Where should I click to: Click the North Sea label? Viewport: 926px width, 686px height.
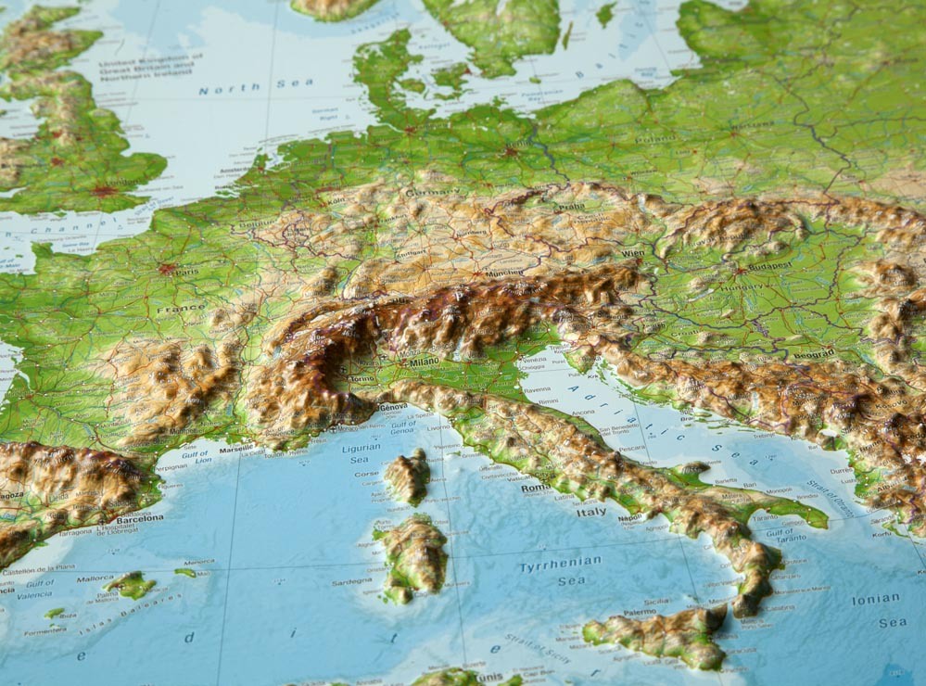[x=255, y=86]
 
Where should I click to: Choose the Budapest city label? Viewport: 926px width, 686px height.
[x=768, y=266]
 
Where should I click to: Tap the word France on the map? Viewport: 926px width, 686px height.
[x=182, y=309]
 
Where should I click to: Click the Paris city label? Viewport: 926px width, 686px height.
[x=187, y=272]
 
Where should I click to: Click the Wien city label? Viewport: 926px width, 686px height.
[x=633, y=253]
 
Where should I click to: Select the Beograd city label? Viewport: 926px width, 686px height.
[x=812, y=354]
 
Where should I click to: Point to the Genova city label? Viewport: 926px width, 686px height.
[x=392, y=407]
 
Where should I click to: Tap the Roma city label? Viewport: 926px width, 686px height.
[x=535, y=489]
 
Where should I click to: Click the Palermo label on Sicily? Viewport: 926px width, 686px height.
[x=639, y=613]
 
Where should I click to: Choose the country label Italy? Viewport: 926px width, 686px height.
[x=591, y=511]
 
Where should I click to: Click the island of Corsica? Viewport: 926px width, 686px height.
[x=407, y=476]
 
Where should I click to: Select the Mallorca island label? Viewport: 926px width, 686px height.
[x=95, y=578]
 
